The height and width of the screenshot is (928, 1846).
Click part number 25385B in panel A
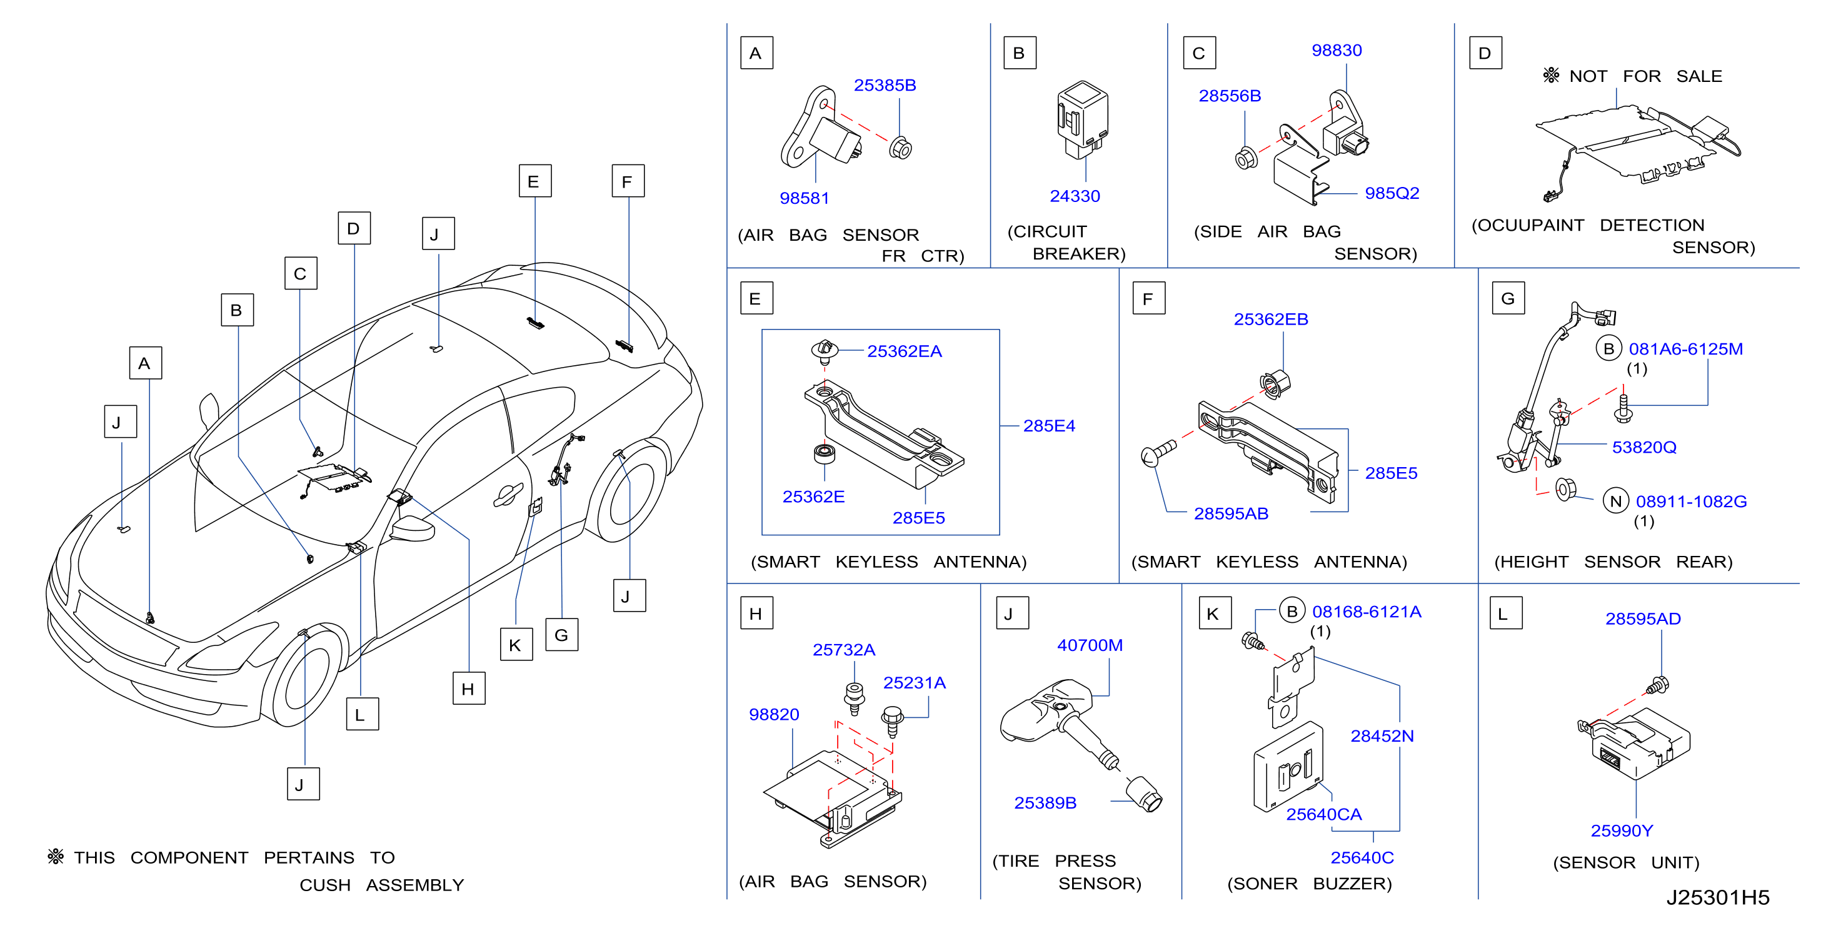tap(885, 85)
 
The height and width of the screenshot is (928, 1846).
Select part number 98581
tap(804, 198)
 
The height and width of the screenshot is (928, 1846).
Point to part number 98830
tap(1337, 50)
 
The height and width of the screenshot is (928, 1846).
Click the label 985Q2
tap(1392, 193)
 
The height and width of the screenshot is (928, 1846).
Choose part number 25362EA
tap(905, 351)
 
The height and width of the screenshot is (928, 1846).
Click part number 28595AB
tap(1230, 514)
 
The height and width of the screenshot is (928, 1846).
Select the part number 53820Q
tap(1644, 447)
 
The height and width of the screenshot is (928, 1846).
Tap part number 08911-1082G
tap(1691, 502)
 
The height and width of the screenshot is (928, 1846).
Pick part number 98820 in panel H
tap(774, 715)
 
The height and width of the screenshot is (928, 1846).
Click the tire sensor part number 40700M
tap(1089, 645)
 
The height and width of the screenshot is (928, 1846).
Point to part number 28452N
tap(1382, 736)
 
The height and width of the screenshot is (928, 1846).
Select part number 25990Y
tap(1622, 830)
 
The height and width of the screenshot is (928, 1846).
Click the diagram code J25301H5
tap(1718, 897)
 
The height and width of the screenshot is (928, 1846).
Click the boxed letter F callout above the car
tap(628, 181)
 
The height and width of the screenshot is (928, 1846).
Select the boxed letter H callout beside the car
tap(469, 688)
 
